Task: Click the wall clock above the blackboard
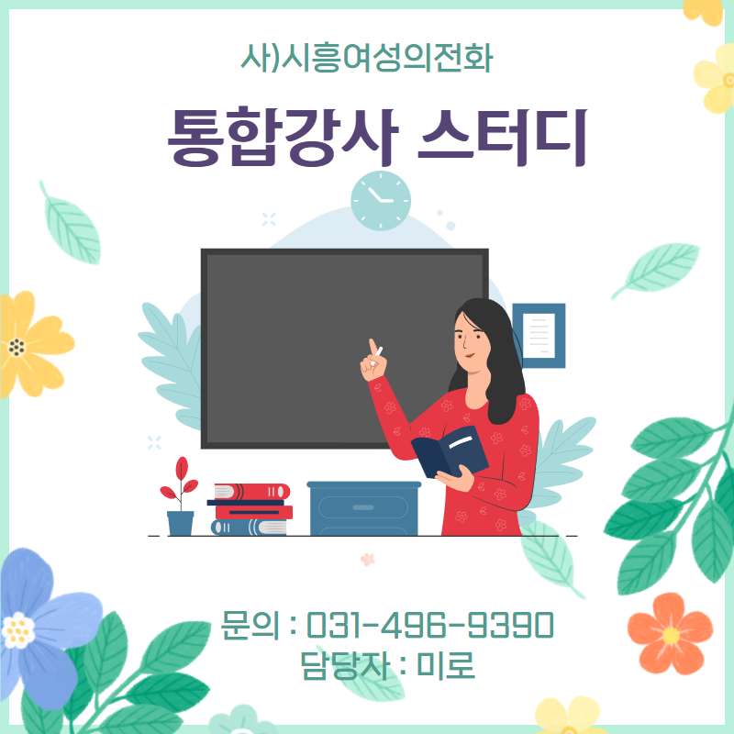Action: click(x=381, y=200)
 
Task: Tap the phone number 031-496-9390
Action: click(x=430, y=625)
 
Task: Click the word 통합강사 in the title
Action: click(x=284, y=137)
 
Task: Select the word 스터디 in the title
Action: click(x=502, y=137)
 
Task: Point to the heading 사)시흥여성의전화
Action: click(x=367, y=58)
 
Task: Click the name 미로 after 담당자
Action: click(x=446, y=664)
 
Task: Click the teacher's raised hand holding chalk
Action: click(x=373, y=361)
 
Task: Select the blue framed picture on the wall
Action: click(x=539, y=335)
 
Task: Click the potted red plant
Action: click(x=180, y=496)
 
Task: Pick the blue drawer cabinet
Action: click(x=363, y=508)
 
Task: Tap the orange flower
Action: click(x=670, y=634)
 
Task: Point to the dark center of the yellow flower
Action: click(x=17, y=347)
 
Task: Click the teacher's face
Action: click(x=471, y=340)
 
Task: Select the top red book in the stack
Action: click(x=251, y=492)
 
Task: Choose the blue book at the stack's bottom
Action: click(x=249, y=528)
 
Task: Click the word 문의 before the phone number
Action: click(x=250, y=625)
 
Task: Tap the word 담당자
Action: click(x=346, y=665)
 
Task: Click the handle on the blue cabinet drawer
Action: click(x=363, y=507)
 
